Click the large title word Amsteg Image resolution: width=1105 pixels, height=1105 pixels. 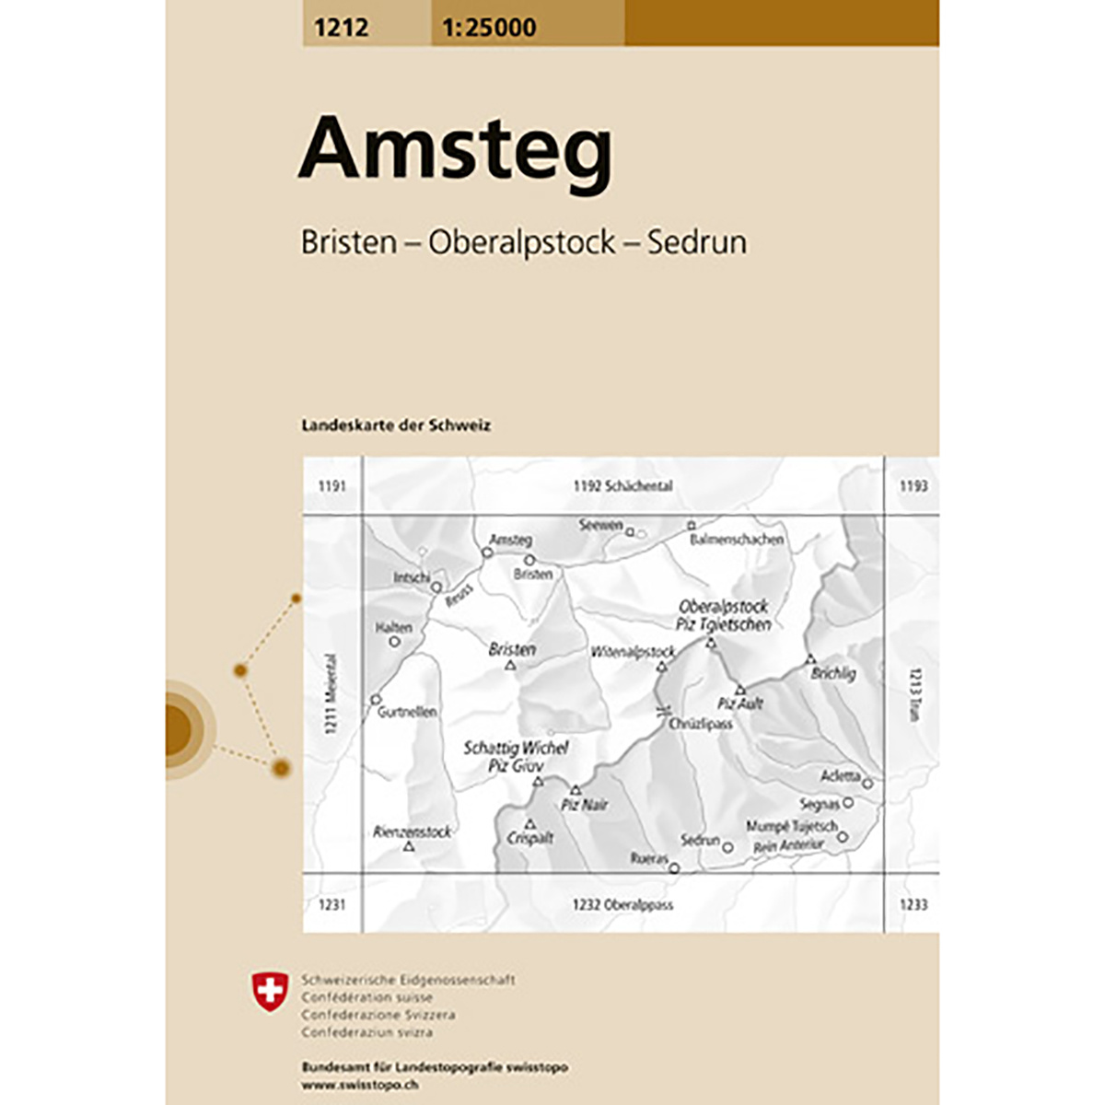click(455, 150)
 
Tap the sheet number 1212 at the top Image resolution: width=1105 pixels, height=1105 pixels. click(340, 28)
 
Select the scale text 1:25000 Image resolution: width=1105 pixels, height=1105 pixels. click(488, 28)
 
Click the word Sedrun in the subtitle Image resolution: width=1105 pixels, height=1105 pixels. click(696, 242)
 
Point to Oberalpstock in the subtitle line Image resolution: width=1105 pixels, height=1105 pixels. click(521, 242)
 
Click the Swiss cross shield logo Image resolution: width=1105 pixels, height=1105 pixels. click(270, 992)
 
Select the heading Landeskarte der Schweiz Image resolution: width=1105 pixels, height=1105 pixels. click(396, 425)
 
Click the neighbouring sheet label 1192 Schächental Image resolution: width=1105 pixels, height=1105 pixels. click(622, 486)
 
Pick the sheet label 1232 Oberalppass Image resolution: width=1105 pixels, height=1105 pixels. click(622, 905)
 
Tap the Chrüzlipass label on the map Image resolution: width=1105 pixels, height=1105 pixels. click(701, 724)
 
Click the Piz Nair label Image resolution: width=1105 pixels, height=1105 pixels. click(585, 805)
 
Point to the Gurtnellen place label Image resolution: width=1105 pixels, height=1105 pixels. click(407, 712)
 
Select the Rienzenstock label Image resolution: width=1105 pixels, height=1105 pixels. click(412, 832)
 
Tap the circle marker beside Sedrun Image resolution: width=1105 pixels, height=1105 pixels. click(727, 847)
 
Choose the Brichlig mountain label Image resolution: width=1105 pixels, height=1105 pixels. click(832, 674)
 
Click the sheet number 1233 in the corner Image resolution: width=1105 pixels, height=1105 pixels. click(913, 905)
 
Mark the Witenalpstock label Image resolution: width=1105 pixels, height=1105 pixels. click(633, 652)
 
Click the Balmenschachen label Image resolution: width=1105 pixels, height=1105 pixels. click(737, 540)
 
